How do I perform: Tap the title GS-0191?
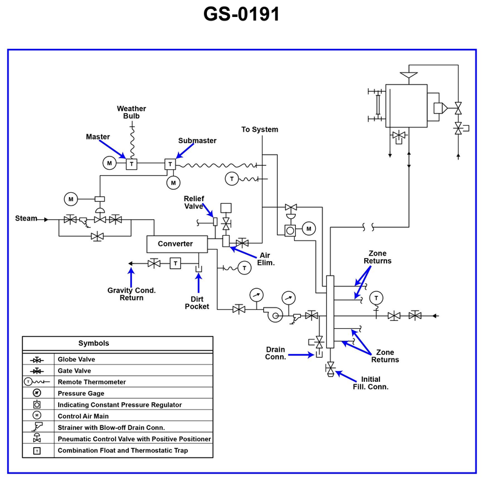pyautogui.click(x=241, y=14)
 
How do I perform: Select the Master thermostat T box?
pyautogui.click(x=131, y=164)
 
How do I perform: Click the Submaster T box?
pyautogui.click(x=170, y=164)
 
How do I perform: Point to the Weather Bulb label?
pyautogui.click(x=131, y=112)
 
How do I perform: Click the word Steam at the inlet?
pyautogui.click(x=26, y=218)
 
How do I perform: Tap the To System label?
pyautogui.click(x=260, y=129)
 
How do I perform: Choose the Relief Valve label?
pyautogui.click(x=194, y=202)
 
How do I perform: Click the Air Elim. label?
pyautogui.click(x=266, y=259)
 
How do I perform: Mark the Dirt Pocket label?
pyautogui.click(x=197, y=303)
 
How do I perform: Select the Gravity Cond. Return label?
pyautogui.click(x=131, y=294)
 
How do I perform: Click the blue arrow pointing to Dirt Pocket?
pyautogui.click(x=199, y=283)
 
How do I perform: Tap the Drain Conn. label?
pyautogui.click(x=275, y=353)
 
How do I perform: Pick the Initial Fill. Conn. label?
pyautogui.click(x=371, y=383)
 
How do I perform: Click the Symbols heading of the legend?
pyautogui.click(x=94, y=343)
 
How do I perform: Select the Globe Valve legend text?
pyautogui.click(x=76, y=359)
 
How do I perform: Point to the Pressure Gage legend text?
pyautogui.click(x=81, y=393)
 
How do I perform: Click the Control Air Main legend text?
pyautogui.click(x=83, y=416)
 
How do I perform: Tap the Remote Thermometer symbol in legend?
pyautogui.click(x=36, y=382)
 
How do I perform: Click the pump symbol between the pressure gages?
pyautogui.click(x=273, y=314)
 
